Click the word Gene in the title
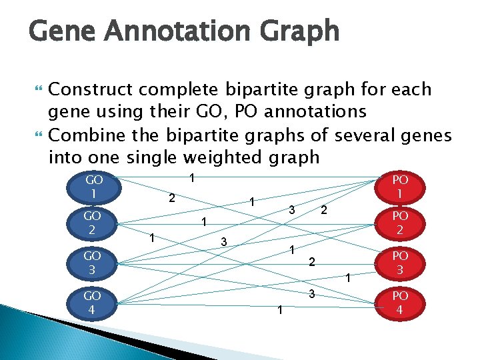coord(61,31)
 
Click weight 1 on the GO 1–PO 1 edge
coord(192,178)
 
